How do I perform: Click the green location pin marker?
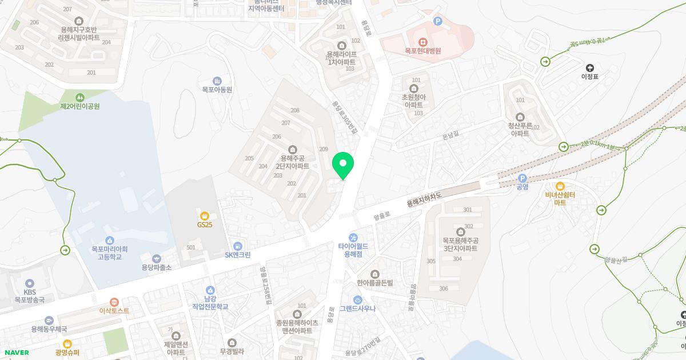coord(343,165)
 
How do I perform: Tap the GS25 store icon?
coord(205,215)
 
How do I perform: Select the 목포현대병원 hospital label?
coord(422,51)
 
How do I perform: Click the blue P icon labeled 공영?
coord(522,178)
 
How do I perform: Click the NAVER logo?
coord(16,353)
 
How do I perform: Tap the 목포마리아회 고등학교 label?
coord(110,253)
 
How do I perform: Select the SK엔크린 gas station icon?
coord(230,246)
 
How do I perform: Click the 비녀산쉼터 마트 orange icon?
coord(560,186)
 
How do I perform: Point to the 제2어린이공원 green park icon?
coord(79,97)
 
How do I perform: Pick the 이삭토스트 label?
coord(114,311)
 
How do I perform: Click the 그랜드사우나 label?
coord(357,309)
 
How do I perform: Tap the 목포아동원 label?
coord(217,90)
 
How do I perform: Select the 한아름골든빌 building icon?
coord(375,274)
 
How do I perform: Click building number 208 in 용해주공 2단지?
coord(295,110)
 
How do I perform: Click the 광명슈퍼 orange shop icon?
coord(67,344)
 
